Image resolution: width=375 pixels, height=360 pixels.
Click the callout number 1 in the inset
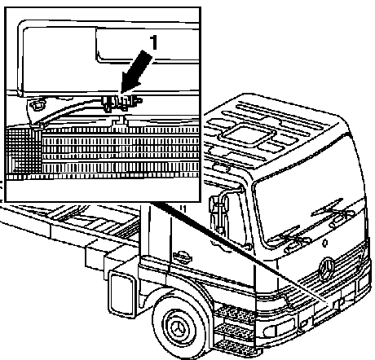154,42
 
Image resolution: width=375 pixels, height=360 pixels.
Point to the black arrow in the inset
135,72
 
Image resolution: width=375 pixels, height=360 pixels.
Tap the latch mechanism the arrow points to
121,102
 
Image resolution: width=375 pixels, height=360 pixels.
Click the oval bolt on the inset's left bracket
38,104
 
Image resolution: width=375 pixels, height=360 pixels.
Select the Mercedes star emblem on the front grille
326,268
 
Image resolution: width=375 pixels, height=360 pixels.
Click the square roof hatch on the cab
247,134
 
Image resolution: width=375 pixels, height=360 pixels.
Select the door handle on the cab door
183,256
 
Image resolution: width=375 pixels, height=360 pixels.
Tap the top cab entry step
234,313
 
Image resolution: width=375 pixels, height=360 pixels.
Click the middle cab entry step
235,330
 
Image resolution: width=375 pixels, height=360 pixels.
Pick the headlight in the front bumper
280,327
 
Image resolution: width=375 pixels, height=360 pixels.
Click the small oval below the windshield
324,242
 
